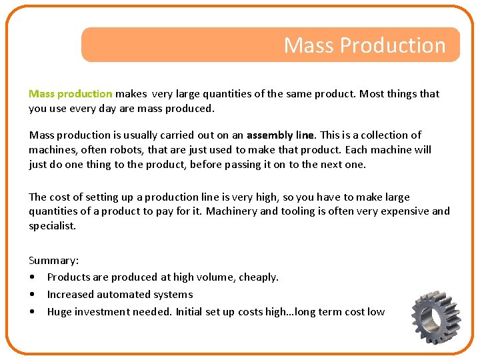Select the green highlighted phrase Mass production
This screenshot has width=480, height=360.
click(70, 94)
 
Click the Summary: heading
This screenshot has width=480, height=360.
click(53, 260)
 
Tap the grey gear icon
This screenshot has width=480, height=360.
click(437, 317)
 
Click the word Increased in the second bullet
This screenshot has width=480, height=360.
click(71, 294)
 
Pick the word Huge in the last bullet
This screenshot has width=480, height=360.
click(59, 311)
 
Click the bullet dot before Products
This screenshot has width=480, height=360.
click(32, 277)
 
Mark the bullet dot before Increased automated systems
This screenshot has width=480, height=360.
click(32, 294)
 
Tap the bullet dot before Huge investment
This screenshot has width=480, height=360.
click(32, 311)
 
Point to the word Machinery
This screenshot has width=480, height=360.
click(231, 211)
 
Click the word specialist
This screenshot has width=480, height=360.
click(52, 226)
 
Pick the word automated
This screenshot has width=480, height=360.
click(123, 294)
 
